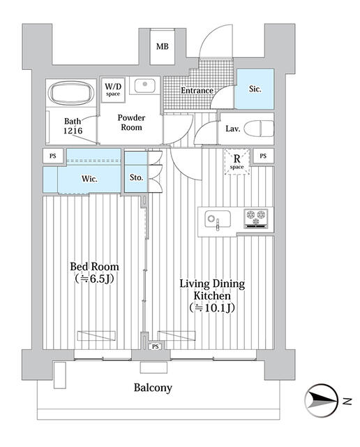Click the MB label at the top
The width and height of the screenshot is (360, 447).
tap(162, 47)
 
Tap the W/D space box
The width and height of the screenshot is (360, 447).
tap(113, 89)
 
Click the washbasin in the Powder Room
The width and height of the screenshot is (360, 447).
tap(145, 87)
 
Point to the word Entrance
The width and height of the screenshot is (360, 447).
tap(197, 91)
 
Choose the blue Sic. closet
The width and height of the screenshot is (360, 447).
tap(255, 89)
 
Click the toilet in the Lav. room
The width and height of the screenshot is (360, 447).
tap(260, 129)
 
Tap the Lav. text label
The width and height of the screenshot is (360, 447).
tap(233, 129)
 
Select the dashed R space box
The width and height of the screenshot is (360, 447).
tap(237, 163)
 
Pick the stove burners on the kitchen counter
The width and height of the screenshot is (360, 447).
tap(255, 219)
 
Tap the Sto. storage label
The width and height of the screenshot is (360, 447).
tap(136, 177)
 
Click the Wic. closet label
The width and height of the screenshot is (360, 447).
tap(89, 179)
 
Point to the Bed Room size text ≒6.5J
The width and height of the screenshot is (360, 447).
tap(94, 279)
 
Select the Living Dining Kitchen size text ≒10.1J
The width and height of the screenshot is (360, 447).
tap(211, 307)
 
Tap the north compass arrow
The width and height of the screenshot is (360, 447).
tap(322, 400)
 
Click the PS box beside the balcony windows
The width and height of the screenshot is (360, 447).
tap(155, 346)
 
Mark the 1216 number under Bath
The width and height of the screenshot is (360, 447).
tap(73, 131)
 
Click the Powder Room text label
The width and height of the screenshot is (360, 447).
tap(131, 122)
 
